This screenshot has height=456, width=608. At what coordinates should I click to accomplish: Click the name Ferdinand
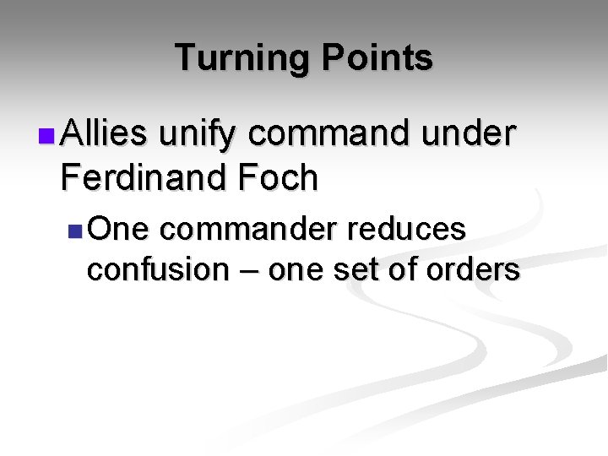click(141, 177)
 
